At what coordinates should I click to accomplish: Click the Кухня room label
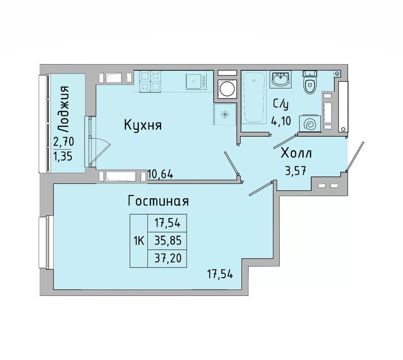[x=143, y=126]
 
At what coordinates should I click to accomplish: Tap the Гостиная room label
[x=158, y=201]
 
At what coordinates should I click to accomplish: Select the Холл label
[x=297, y=153]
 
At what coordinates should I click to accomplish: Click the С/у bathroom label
[x=281, y=105]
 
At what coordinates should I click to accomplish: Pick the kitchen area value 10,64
[x=160, y=175]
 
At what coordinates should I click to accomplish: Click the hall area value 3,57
[x=295, y=170]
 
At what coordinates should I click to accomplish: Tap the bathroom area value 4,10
[x=281, y=121]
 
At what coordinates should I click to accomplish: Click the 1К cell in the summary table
[x=139, y=241]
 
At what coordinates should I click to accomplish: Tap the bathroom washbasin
[x=280, y=79]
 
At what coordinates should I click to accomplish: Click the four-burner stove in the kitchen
[x=150, y=81]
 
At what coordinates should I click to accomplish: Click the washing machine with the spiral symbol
[x=310, y=124]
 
